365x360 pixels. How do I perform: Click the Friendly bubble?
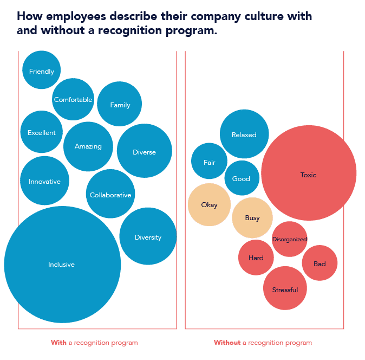click(42, 70)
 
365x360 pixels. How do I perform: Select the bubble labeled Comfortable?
click(73, 99)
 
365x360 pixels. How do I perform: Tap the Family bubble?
click(120, 104)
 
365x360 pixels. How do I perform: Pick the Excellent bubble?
click(42, 132)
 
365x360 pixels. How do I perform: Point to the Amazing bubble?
click(88, 146)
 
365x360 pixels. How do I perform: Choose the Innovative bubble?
click(44, 181)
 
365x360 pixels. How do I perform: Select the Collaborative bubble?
click(110, 194)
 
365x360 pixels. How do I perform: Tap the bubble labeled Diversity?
click(148, 236)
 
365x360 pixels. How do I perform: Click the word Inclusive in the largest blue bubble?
click(61, 265)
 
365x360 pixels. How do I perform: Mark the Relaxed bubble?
click(244, 134)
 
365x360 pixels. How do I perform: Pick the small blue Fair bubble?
click(209, 162)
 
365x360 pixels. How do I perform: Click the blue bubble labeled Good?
click(242, 178)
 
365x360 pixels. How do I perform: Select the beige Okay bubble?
click(209, 204)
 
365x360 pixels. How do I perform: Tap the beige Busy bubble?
click(252, 217)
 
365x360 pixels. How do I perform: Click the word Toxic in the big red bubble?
click(308, 175)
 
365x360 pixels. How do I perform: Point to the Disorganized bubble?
click(290, 239)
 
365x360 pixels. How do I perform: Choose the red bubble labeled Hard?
click(256, 258)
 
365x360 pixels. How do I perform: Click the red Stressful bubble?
click(285, 289)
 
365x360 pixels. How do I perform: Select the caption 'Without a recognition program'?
click(263, 343)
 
